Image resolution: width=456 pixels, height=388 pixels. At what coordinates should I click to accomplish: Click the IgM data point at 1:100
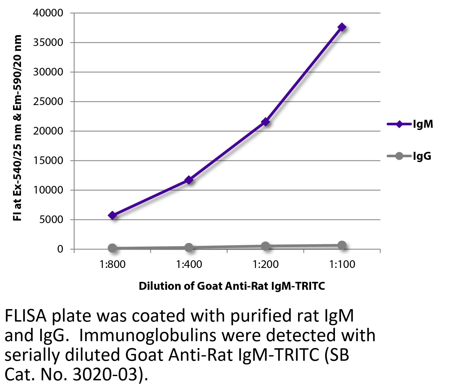pos(342,27)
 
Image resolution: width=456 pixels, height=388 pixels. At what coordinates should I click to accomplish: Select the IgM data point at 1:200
pos(265,122)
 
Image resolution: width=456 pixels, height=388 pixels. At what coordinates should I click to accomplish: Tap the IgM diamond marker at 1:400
pos(189,180)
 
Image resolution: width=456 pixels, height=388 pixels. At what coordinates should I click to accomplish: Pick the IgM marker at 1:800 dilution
pos(112,215)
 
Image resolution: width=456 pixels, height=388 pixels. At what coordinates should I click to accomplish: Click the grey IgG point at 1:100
pos(342,245)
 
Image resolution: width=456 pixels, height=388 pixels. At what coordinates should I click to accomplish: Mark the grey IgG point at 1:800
pos(112,248)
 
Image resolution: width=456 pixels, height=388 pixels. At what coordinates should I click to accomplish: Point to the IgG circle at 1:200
pos(265,246)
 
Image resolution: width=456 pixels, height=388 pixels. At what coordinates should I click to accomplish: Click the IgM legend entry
pos(410,124)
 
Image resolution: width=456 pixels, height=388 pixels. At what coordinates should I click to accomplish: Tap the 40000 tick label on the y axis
pos(48,13)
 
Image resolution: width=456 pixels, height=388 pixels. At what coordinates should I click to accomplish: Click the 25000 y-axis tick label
pos(48,102)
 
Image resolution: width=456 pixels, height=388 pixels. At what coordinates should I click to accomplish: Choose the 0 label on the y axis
pos(60,249)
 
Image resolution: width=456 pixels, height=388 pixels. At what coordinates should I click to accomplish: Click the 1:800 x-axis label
pos(112,265)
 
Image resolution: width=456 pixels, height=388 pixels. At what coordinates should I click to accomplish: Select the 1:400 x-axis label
pos(189,265)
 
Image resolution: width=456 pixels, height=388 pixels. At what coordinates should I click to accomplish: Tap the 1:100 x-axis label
pos(342,265)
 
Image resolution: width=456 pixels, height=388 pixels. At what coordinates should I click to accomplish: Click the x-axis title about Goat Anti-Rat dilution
pos(231,286)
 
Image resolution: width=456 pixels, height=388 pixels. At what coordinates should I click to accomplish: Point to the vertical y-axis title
pos(18,128)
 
